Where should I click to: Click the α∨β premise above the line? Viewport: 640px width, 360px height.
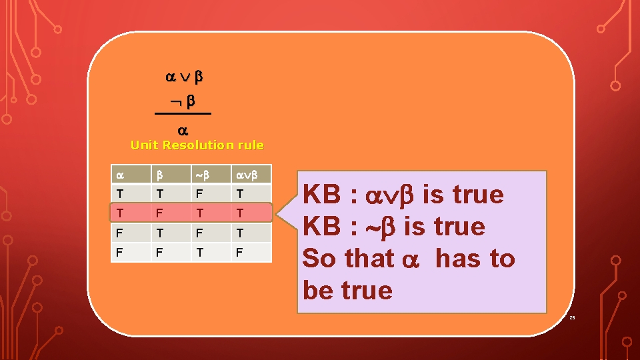[183, 78]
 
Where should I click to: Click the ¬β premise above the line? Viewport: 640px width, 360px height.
[183, 102]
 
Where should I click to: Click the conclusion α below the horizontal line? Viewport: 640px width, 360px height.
[182, 131]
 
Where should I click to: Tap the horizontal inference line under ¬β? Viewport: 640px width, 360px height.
[183, 115]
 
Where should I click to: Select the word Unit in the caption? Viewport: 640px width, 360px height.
[145, 145]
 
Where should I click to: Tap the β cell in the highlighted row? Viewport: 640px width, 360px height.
[159, 213]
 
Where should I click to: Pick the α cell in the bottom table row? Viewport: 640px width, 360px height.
[119, 253]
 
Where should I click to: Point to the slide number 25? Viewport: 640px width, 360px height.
[571, 318]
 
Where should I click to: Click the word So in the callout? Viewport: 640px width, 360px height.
[320, 259]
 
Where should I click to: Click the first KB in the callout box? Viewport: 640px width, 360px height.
[323, 195]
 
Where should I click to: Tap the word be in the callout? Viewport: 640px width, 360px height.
[319, 291]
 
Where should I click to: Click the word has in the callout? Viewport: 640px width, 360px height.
[458, 259]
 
